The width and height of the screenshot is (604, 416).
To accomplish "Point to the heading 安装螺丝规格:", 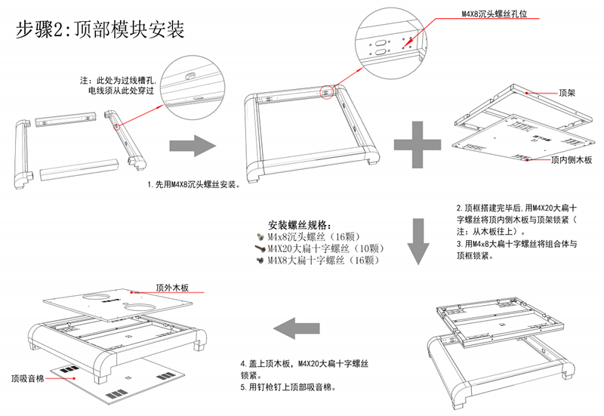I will [300, 225].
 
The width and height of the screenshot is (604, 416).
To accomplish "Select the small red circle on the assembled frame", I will [327, 91].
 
